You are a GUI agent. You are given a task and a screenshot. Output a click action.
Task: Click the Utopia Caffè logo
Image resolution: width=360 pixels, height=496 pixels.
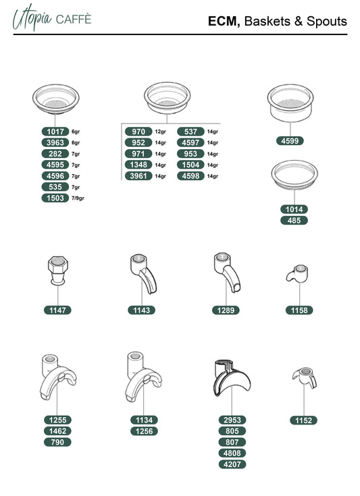pyautogui.click(x=51, y=18)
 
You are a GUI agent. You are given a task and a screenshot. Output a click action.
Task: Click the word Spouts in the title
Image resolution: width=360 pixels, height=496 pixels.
pyautogui.click(x=327, y=21)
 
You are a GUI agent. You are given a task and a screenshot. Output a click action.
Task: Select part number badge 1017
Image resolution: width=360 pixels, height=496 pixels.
pyautogui.click(x=55, y=132)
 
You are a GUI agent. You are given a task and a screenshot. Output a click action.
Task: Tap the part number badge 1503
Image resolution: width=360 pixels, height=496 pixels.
pyautogui.click(x=55, y=198)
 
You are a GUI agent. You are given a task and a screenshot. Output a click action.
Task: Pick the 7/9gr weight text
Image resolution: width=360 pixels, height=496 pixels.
pyautogui.click(x=78, y=198)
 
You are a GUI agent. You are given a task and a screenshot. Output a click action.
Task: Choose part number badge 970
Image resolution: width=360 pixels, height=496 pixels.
pyautogui.click(x=138, y=132)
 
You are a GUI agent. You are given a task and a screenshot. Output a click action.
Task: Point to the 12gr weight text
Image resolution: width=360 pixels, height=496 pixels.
pyautogui.click(x=160, y=132)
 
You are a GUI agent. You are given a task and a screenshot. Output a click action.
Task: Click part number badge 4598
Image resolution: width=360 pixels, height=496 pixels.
pyautogui.click(x=190, y=176)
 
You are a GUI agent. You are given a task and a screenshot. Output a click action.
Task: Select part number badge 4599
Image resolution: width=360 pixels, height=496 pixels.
pyautogui.click(x=290, y=141)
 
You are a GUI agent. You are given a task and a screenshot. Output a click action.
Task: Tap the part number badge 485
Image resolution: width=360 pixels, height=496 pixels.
pyautogui.click(x=294, y=221)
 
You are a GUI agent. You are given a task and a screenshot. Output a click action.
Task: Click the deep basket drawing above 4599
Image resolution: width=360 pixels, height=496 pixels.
pyautogui.click(x=290, y=103)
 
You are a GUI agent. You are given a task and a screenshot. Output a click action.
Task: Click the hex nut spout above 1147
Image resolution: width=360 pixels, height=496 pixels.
pyautogui.click(x=58, y=271)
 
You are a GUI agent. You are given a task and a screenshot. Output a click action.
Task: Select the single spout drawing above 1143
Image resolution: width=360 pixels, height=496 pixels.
pyautogui.click(x=143, y=273)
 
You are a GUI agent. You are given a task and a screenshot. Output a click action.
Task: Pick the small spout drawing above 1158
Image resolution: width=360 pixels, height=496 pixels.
pyautogui.click(x=297, y=274)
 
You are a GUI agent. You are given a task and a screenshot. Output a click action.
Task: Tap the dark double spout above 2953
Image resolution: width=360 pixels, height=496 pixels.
pyautogui.click(x=232, y=378)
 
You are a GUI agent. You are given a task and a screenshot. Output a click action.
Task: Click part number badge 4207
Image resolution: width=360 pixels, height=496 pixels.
pyautogui.click(x=232, y=464)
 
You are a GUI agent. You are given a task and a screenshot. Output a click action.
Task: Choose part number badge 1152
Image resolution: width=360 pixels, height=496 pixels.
pyautogui.click(x=304, y=420)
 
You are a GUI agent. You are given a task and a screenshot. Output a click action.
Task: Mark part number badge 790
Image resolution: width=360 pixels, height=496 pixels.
pyautogui.click(x=57, y=442)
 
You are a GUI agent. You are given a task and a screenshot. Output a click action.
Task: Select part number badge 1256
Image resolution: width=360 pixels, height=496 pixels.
pyautogui.click(x=144, y=431)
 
